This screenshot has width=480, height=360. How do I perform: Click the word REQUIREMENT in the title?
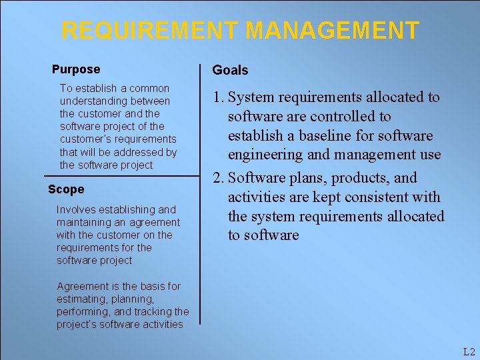pyautogui.click(x=149, y=31)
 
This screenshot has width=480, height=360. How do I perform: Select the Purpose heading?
pyautogui.click(x=76, y=69)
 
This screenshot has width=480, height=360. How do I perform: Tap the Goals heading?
pyautogui.click(x=230, y=71)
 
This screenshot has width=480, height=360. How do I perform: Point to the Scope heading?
pyautogui.click(x=66, y=189)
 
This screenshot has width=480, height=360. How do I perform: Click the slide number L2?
pyautogui.click(x=469, y=352)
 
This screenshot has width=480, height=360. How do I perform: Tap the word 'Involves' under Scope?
pyautogui.click(x=76, y=210)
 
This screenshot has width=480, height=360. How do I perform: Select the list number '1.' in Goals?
pyautogui.click(x=218, y=97)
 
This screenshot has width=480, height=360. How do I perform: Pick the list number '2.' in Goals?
pyautogui.click(x=218, y=178)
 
